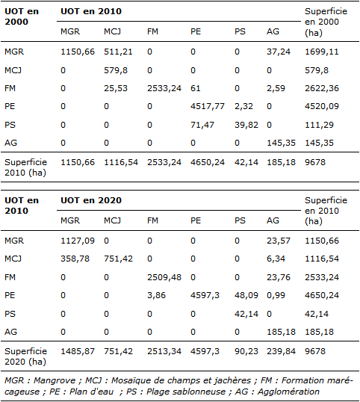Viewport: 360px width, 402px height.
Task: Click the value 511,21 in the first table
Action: pos(118,52)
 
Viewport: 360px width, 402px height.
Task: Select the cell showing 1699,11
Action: pos(322,52)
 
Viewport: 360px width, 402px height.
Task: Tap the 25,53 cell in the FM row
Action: pos(116,88)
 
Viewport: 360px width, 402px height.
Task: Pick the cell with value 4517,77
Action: pos(208,106)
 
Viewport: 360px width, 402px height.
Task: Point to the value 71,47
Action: pos(202,125)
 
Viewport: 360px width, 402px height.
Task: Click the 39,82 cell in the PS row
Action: pos(246,125)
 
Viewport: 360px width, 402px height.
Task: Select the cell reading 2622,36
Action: pos(322,88)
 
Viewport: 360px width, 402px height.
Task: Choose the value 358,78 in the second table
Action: pos(75,259)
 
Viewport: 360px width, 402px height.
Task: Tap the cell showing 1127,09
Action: pos(78,241)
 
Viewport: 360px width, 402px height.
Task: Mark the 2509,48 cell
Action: pos(164,277)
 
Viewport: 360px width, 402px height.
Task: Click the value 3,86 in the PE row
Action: pos(156,295)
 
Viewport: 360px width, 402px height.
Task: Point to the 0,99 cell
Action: pos(276,295)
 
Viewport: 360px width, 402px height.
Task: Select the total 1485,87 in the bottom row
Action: pos(78,351)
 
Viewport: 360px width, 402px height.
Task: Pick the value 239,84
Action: pos(281,351)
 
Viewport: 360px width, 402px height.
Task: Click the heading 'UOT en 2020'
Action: pos(91,200)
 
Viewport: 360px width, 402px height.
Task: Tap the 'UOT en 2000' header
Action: pos(22,16)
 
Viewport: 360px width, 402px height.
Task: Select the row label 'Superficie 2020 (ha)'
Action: pos(25,356)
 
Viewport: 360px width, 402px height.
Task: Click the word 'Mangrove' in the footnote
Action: pos(55,380)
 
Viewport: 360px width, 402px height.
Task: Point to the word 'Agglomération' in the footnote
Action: pos(288,392)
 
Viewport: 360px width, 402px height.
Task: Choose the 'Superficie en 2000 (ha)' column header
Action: pos(326,22)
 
